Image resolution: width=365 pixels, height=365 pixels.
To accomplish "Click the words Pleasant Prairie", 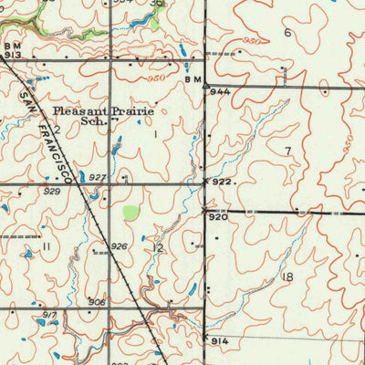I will click(103, 110).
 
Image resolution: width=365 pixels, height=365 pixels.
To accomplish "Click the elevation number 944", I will click(219, 93).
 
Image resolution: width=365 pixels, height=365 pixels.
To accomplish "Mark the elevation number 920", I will click(217, 217).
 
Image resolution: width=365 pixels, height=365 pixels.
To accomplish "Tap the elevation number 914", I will click(220, 340).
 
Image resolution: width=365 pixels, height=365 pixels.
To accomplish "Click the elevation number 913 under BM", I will click(13, 55).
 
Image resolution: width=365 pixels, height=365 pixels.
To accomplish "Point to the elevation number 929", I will click(51, 192).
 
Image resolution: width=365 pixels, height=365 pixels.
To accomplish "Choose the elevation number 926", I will click(119, 246).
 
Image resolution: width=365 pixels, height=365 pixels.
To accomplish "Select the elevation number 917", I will click(48, 316).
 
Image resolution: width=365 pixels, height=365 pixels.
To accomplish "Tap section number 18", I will click(288, 276).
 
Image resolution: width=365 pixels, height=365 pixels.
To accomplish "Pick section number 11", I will click(45, 246).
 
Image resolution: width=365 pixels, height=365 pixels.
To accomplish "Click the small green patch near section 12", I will click(131, 213).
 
